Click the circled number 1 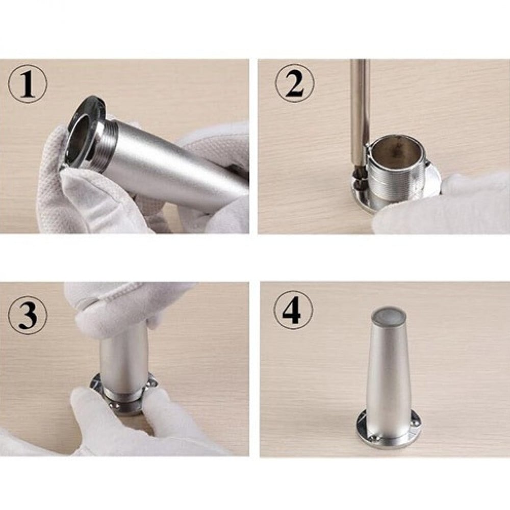pyautogui.click(x=28, y=84)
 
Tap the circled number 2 pyautogui.click(x=295, y=83)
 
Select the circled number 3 pyautogui.click(x=28, y=315)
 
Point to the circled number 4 pyautogui.click(x=293, y=310)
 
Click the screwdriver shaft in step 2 pyautogui.click(x=360, y=107)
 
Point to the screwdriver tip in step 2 pyautogui.click(x=359, y=174)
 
